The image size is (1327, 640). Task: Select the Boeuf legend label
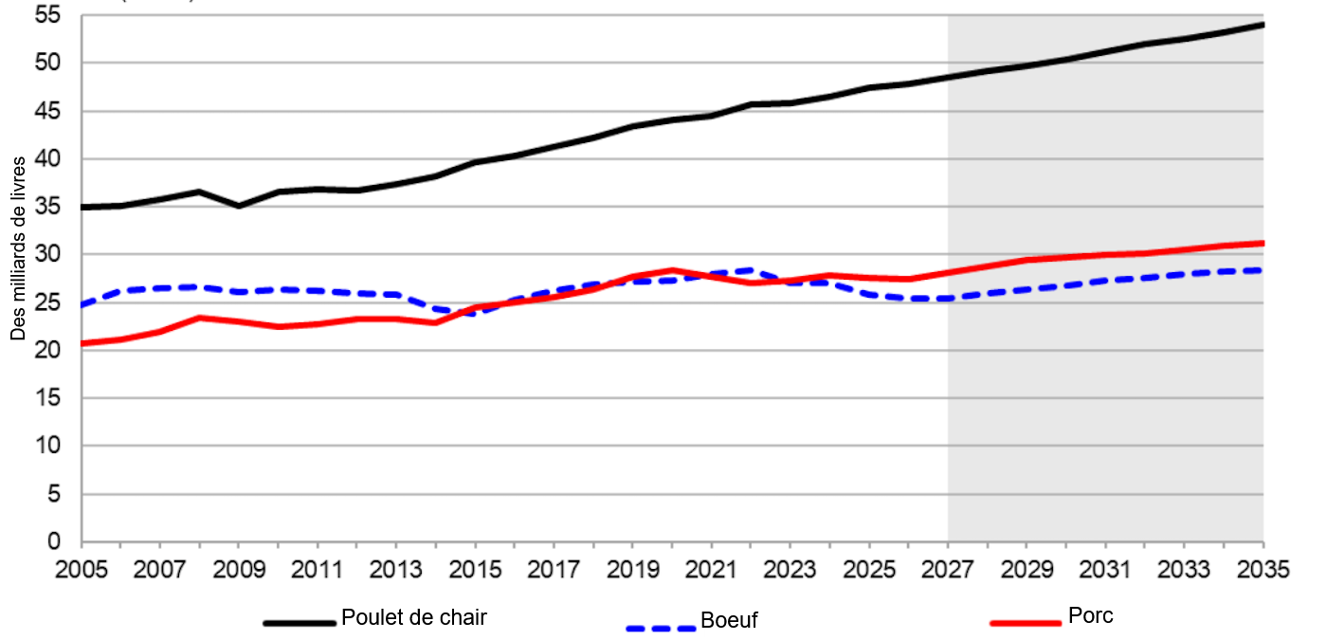[x=729, y=622]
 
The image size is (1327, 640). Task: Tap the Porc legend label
[x=1090, y=615]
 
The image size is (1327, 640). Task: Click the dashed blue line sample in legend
[x=662, y=627]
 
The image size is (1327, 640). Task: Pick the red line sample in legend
[x=1025, y=623]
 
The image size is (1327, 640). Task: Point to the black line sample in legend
[x=300, y=623]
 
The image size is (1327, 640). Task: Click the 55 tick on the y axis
[x=47, y=15]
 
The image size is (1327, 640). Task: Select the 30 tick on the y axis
[x=47, y=254]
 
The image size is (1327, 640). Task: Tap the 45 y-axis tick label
[x=47, y=111]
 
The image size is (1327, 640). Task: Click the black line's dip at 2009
[x=239, y=206]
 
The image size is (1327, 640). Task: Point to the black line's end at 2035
[x=1263, y=24]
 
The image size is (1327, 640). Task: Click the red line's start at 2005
[x=82, y=343]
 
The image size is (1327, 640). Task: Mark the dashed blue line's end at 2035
[x=1263, y=270]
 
